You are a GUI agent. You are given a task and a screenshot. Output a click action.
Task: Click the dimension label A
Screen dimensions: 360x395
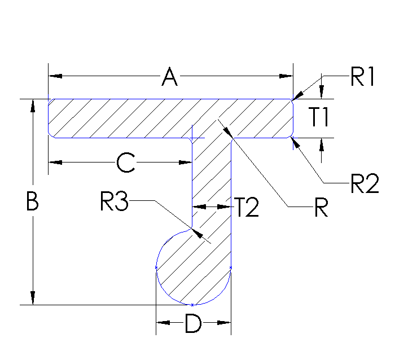tap(169, 77)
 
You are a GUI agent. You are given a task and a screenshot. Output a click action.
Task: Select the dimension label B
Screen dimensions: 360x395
tap(33, 201)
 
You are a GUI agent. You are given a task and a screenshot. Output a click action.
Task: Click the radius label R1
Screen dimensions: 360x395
tap(363, 78)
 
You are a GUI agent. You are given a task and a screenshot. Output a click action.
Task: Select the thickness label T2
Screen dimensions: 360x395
tap(247, 208)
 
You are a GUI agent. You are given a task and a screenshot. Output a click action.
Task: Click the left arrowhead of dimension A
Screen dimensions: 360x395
tap(55, 76)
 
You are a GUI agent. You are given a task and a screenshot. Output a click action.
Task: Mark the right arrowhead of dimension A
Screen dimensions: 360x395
tap(287, 76)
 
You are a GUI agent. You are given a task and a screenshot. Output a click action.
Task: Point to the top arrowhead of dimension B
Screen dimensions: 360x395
tap(33, 106)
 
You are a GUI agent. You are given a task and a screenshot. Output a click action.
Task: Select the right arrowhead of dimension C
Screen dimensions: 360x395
tap(187, 163)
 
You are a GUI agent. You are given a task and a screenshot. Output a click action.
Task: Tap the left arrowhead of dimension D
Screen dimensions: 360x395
tap(162, 323)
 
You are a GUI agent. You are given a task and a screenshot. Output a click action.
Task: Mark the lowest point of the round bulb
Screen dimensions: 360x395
tap(193, 305)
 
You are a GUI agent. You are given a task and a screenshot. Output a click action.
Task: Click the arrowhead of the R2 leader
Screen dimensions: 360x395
tap(295, 141)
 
